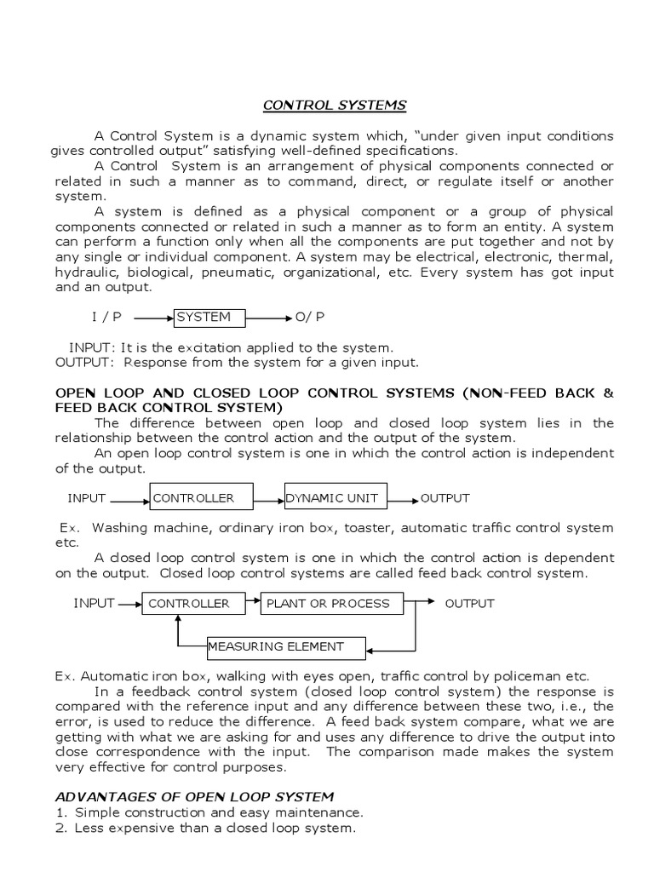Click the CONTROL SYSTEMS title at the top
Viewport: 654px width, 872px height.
click(334, 106)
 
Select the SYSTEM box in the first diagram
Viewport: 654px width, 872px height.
click(209, 318)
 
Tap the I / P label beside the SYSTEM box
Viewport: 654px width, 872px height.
click(106, 317)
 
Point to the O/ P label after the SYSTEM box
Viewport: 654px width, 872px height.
click(310, 317)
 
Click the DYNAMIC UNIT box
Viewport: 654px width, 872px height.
click(336, 498)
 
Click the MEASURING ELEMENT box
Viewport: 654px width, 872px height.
click(286, 647)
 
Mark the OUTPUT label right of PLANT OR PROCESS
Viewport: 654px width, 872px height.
click(469, 604)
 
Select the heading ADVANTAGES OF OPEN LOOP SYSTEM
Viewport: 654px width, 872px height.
click(194, 796)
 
